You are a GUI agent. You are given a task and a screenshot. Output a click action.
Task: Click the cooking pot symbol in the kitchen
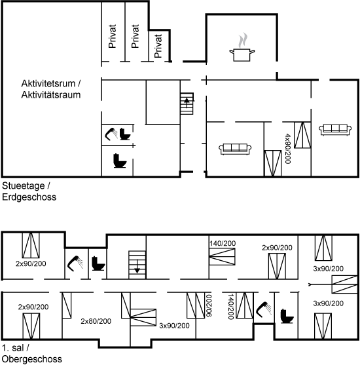click(x=242, y=55)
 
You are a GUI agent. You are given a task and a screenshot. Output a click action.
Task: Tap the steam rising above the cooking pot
click(x=243, y=40)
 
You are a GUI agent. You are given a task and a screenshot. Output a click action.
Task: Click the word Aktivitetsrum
click(x=48, y=84)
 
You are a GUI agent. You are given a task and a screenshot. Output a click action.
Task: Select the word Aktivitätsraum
click(x=51, y=95)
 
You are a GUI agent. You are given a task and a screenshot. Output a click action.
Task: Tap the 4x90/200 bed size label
click(x=288, y=149)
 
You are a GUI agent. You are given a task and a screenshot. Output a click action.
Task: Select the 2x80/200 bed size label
click(x=96, y=321)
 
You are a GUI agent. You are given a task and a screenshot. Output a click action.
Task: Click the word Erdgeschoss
click(x=29, y=197)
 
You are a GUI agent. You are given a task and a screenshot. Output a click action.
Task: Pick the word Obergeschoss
click(x=32, y=359)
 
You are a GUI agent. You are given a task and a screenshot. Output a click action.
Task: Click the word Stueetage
click(x=24, y=186)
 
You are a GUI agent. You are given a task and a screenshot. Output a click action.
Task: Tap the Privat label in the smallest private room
click(x=158, y=46)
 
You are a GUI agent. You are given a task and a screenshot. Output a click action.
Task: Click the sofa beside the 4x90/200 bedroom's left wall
click(x=235, y=149)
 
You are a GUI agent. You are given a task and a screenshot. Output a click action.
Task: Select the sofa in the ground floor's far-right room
click(x=335, y=130)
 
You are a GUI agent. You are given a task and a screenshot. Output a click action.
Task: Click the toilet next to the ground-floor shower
click(x=124, y=134)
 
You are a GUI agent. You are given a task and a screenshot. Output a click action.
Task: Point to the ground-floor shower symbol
click(x=111, y=134)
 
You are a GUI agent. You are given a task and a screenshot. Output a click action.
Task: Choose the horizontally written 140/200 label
click(x=223, y=243)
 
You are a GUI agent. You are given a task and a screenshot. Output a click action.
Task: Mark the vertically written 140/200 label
click(x=231, y=307)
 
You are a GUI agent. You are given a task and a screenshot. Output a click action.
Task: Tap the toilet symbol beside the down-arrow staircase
click(x=98, y=263)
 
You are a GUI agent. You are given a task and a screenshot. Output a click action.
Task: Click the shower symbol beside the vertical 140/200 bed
click(x=264, y=309)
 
